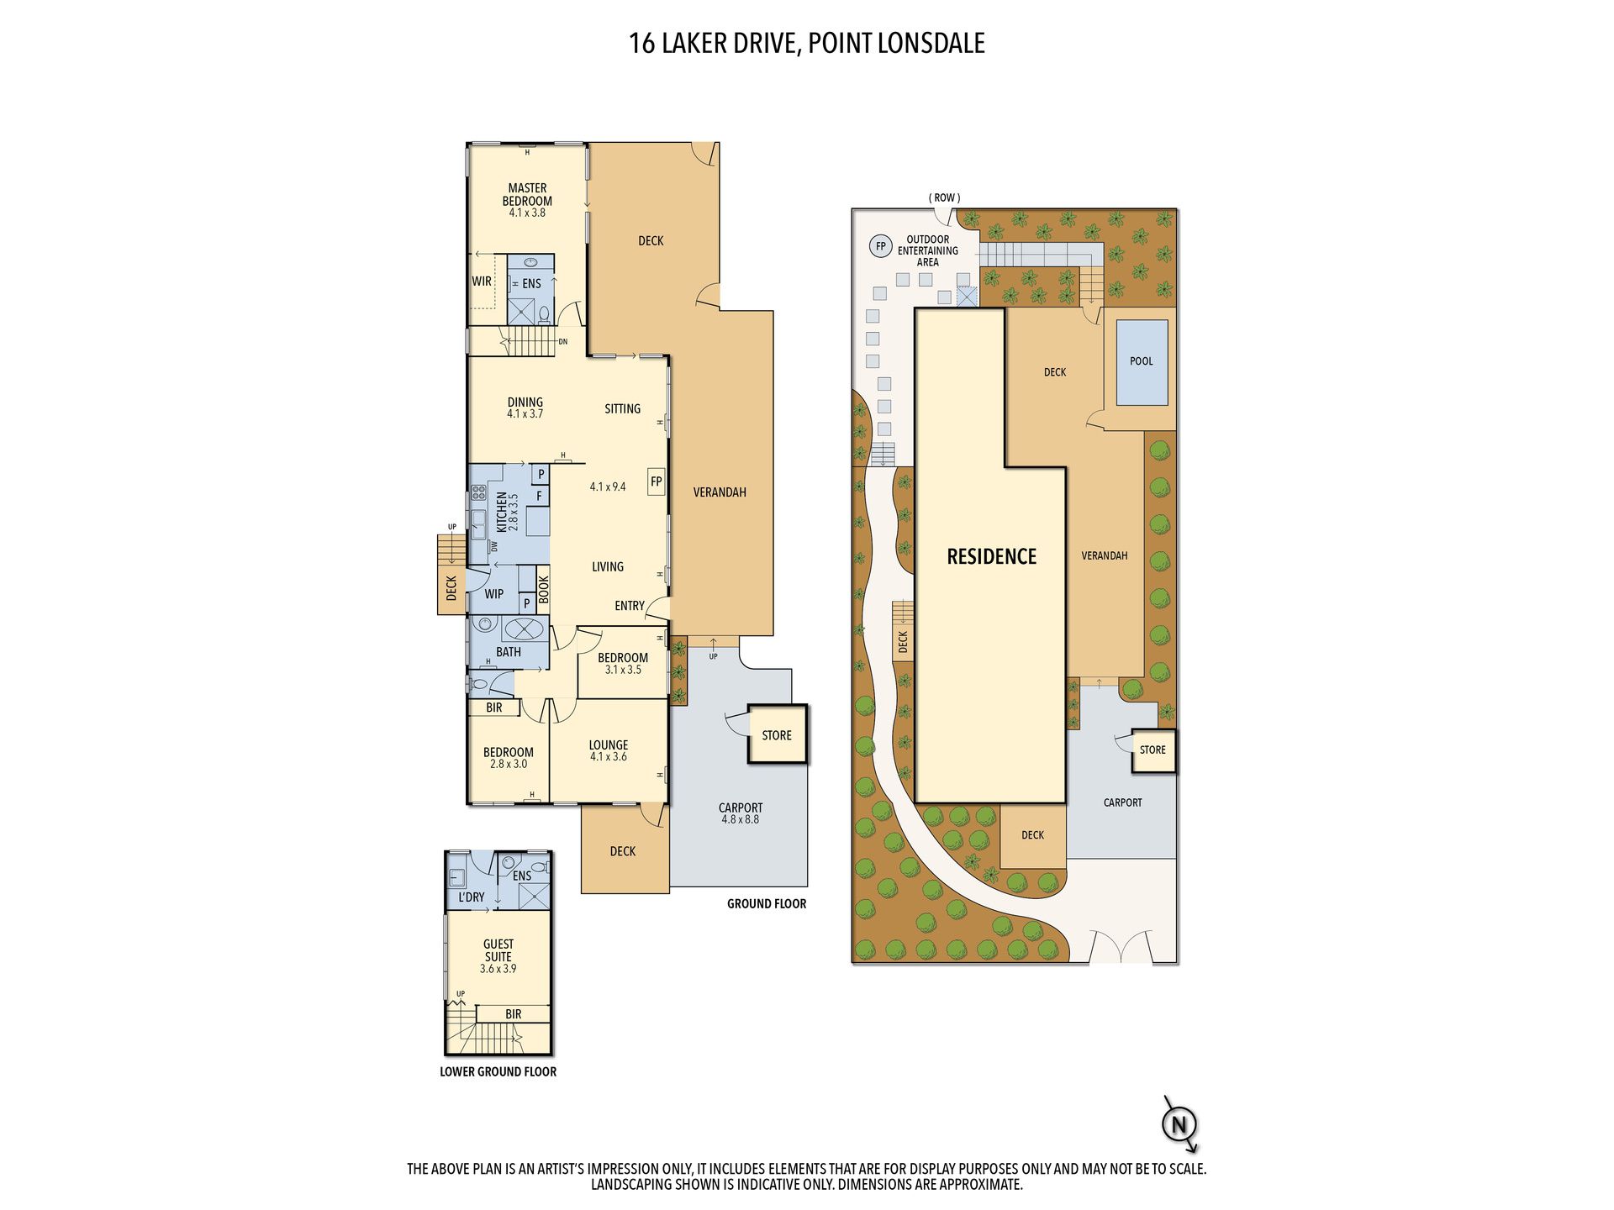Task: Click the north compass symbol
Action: tap(1179, 1124)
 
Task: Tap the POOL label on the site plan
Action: tap(1142, 361)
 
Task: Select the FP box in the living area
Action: tap(657, 481)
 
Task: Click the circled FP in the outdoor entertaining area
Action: tap(881, 246)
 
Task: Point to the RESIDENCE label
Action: tap(992, 556)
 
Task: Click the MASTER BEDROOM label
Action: tap(527, 195)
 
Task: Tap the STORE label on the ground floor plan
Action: tap(777, 735)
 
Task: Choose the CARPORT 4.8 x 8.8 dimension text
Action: tap(741, 819)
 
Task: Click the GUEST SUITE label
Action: tap(498, 950)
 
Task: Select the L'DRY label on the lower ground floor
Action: tap(472, 897)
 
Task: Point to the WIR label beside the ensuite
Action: tap(482, 281)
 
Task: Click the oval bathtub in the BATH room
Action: tap(525, 629)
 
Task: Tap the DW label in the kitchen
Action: tap(494, 546)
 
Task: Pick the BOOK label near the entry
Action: tap(544, 589)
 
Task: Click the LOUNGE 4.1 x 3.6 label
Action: tap(609, 750)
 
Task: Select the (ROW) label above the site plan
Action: tap(945, 198)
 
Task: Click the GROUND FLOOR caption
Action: tap(767, 904)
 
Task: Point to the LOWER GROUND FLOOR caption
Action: tap(498, 1072)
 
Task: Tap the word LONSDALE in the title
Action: tap(931, 44)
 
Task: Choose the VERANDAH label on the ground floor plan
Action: tap(720, 492)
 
